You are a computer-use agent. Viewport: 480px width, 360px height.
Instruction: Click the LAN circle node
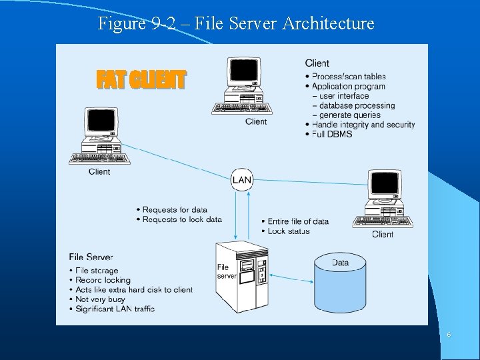point(242,179)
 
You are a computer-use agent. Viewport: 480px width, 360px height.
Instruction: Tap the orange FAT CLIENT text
point(141,80)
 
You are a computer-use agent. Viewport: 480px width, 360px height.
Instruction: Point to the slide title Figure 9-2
point(236,24)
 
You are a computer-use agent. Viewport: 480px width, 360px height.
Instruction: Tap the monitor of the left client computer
point(101,124)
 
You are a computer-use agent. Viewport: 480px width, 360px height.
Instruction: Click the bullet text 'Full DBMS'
point(332,134)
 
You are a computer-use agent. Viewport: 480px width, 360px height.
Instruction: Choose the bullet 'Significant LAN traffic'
point(115,309)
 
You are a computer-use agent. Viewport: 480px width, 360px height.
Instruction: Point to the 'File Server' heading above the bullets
point(91,257)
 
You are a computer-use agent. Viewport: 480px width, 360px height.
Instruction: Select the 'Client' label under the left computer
point(99,172)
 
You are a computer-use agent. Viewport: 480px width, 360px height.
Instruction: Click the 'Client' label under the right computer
point(383,234)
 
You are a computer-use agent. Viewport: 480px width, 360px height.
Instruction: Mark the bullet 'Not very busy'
point(103,299)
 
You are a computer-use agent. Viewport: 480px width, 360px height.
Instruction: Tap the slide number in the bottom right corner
point(449,335)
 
